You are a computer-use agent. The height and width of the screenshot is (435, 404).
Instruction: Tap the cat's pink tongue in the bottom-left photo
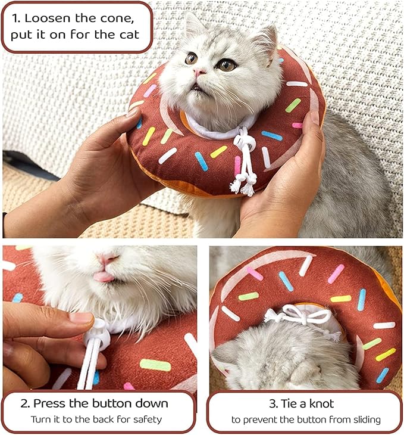pos(104,276)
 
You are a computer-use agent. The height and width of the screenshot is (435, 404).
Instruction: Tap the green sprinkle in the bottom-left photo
pos(155,365)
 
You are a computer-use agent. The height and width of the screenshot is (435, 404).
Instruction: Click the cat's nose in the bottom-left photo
pos(108,259)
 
